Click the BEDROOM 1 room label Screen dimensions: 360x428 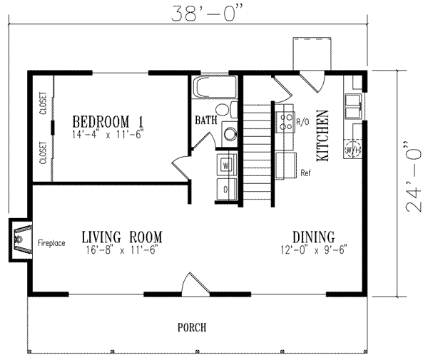[103, 120]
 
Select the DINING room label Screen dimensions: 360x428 [314, 237]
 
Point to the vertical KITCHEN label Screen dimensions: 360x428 [322, 136]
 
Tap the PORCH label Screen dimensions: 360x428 [192, 328]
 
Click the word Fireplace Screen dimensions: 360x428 [51, 243]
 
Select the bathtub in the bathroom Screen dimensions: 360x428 [215, 89]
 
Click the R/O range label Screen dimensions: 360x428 [302, 123]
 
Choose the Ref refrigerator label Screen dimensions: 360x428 [305, 173]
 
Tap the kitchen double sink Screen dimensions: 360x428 [352, 107]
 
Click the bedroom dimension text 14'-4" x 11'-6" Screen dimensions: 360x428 [103, 133]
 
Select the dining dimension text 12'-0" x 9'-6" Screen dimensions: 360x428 [314, 250]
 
